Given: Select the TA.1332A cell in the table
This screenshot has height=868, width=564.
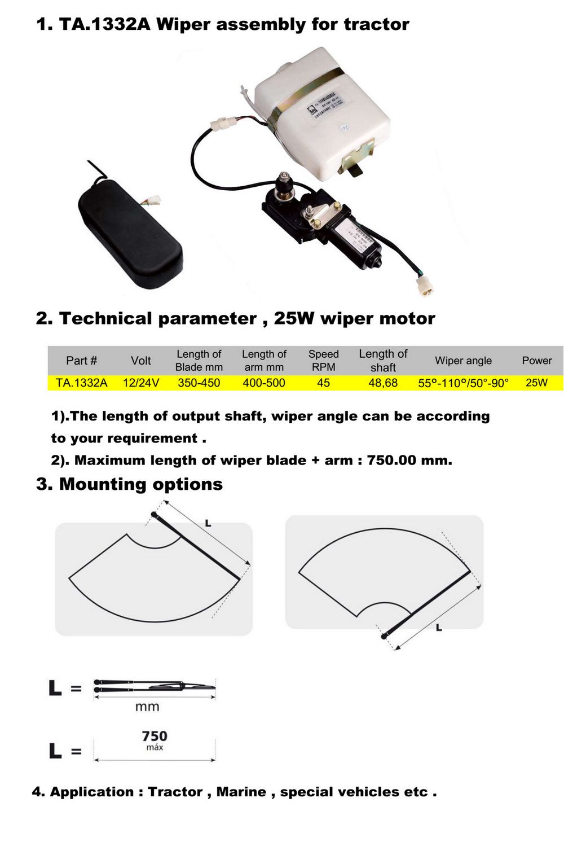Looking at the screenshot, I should point(81,383).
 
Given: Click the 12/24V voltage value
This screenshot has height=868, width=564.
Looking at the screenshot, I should point(141,383).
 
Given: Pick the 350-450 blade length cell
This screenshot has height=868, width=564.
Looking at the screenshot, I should point(199,383).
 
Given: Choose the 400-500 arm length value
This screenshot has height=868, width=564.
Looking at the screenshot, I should point(264,383).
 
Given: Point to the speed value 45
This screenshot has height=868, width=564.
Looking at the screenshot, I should point(323,383).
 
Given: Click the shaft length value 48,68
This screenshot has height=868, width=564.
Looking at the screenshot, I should point(383,383).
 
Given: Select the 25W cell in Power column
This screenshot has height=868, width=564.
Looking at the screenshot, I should point(536,383).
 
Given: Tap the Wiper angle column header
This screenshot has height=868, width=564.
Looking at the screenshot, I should point(463,361).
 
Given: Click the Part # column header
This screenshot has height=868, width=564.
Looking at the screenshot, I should point(81,361).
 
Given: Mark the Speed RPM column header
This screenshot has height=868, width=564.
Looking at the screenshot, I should point(323,360).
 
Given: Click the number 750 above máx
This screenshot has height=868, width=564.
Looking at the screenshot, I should point(155,736).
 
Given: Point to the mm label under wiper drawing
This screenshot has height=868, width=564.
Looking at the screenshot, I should point(147,707).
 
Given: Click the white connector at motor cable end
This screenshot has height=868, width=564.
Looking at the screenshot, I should point(425,286).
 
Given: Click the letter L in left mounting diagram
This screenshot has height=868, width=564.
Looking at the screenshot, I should point(208,523).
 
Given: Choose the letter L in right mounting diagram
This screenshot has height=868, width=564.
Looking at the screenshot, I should point(439,627).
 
